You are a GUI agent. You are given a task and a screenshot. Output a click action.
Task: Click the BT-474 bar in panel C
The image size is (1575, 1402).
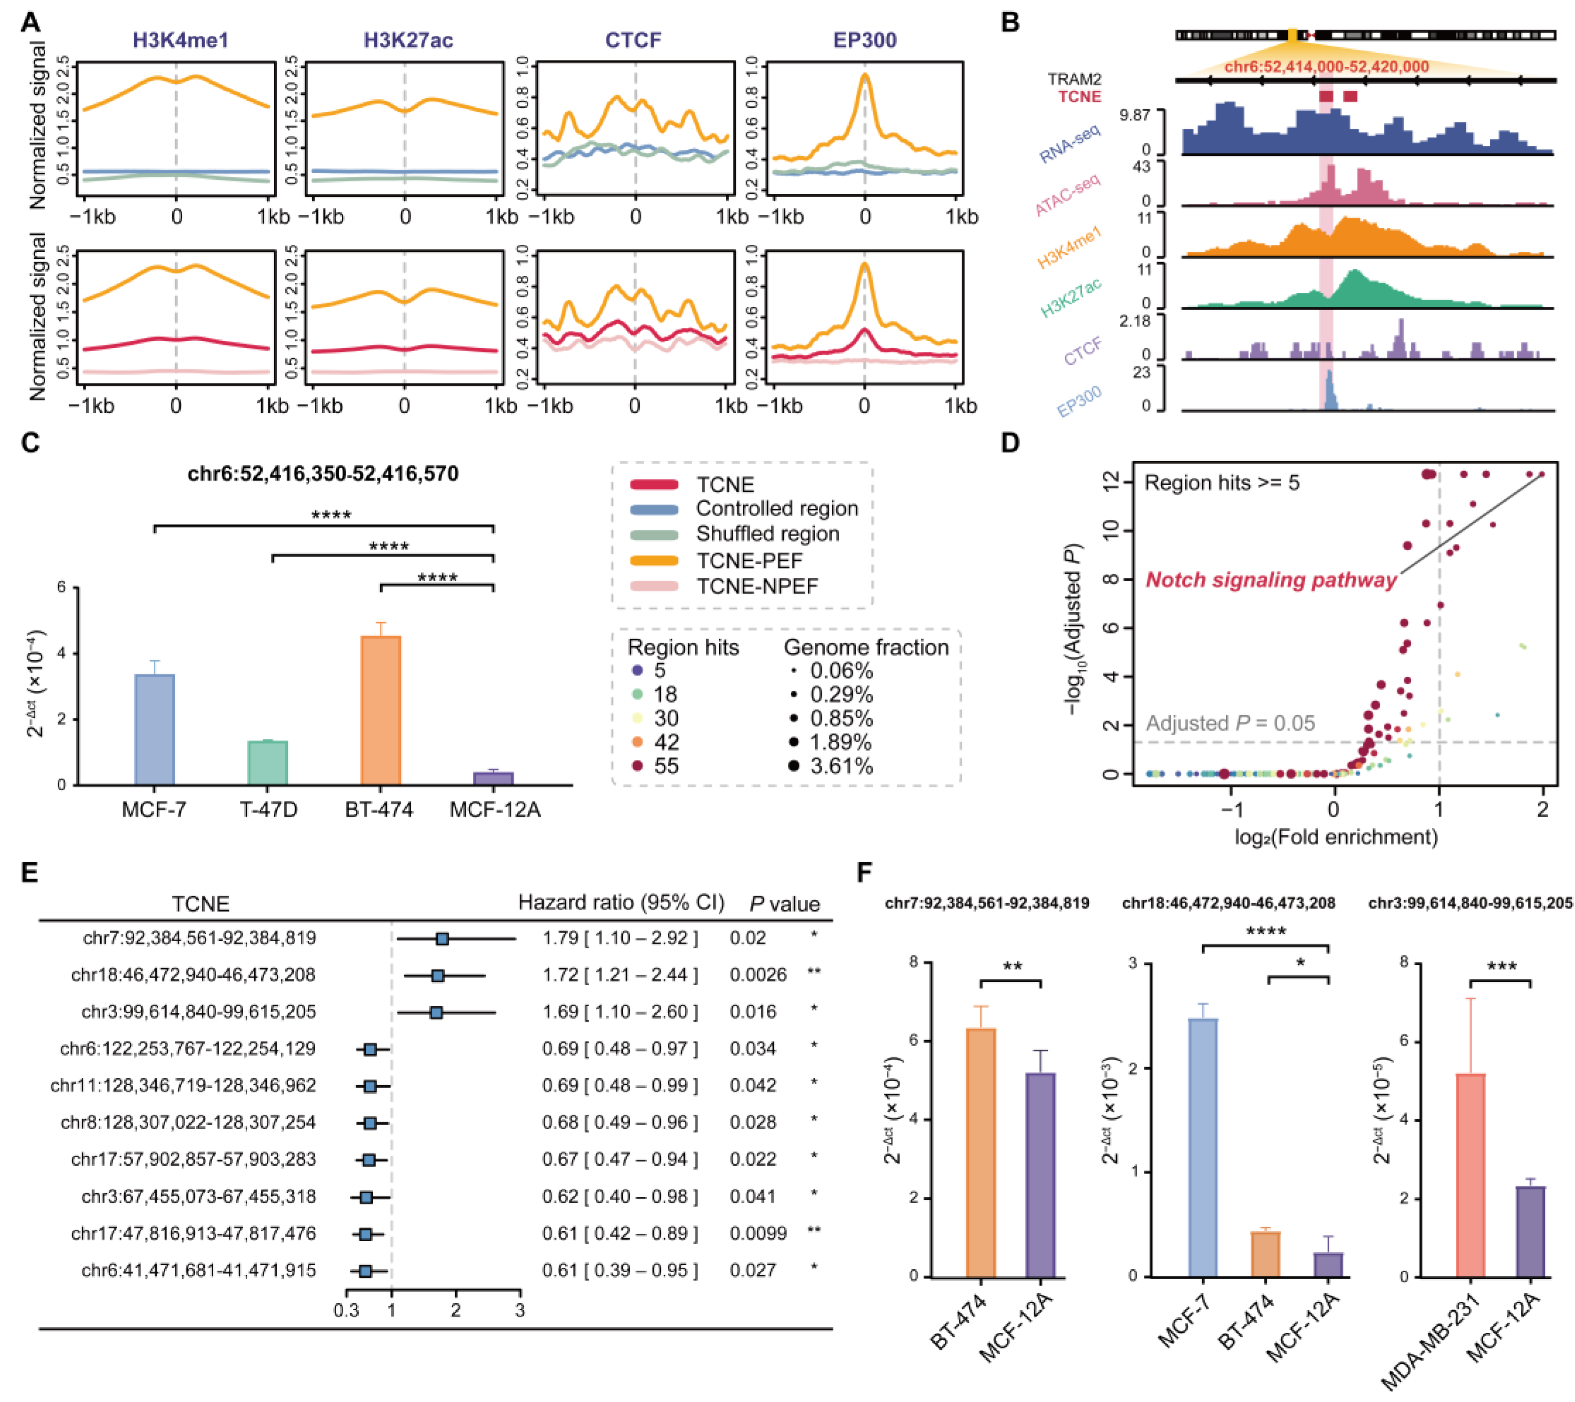pos(381,710)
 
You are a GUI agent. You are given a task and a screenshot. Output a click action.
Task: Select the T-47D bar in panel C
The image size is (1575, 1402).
pos(267,762)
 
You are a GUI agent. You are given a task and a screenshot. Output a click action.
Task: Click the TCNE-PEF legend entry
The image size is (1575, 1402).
pos(749,561)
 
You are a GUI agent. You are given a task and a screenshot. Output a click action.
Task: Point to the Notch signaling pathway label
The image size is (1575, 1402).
pos(1270,580)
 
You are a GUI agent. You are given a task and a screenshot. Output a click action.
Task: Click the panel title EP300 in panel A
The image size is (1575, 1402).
pos(865,40)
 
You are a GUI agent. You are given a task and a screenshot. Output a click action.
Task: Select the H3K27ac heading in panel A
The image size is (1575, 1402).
pos(409,40)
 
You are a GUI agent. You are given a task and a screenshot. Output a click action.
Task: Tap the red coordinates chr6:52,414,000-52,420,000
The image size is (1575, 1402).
pos(1326,67)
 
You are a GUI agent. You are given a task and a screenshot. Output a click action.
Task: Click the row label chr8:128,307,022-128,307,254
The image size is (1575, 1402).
pos(188,1122)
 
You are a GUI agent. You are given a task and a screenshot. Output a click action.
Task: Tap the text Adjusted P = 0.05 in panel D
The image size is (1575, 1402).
pos(1230,723)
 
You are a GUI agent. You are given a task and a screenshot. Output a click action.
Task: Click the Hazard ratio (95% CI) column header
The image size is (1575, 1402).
pos(621,903)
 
